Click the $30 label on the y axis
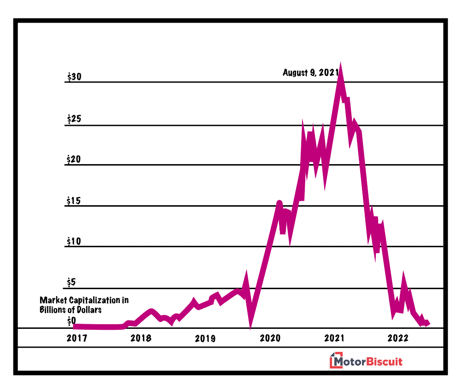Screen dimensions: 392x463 click(x=74, y=77)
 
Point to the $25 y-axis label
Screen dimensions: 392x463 click(x=74, y=119)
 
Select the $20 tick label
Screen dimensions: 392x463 click(x=74, y=160)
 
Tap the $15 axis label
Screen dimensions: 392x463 click(x=74, y=201)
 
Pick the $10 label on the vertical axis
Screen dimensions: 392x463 click(x=74, y=241)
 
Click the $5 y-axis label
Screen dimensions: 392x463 click(x=71, y=282)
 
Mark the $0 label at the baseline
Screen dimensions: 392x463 click(x=71, y=320)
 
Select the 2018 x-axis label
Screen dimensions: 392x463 click(x=141, y=338)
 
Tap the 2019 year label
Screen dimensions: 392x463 click(x=205, y=338)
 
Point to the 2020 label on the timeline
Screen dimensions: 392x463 click(x=270, y=338)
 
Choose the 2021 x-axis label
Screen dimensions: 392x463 click(x=334, y=338)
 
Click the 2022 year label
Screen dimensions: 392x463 click(x=398, y=338)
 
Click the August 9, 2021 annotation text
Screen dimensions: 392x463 click(x=311, y=72)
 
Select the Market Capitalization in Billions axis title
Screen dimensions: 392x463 click(x=84, y=305)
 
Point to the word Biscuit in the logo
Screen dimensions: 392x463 click(x=384, y=362)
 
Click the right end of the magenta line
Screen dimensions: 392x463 click(x=427, y=323)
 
